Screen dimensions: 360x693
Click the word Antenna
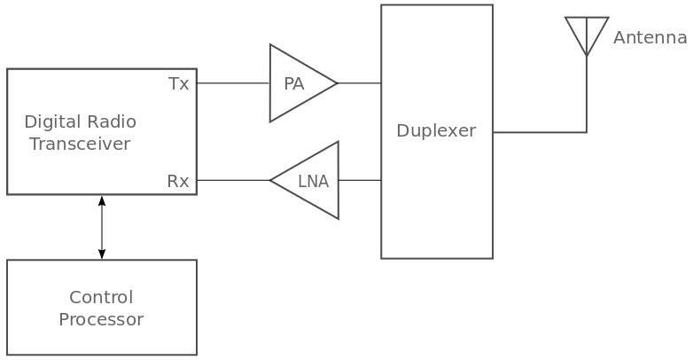(650, 38)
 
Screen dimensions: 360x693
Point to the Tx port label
(178, 84)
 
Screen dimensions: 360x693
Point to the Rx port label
(178, 181)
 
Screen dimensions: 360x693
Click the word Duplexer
(435, 131)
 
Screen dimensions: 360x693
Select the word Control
(101, 297)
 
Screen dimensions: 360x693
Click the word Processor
(101, 320)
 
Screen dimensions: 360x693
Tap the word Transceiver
(80, 144)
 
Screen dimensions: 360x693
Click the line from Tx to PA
(232, 83)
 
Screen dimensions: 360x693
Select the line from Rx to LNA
(232, 180)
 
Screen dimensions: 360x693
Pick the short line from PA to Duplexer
(359, 83)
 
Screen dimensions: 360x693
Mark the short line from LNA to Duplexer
(359, 180)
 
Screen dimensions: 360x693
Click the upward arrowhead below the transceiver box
(102, 201)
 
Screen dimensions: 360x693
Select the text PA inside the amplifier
(294, 84)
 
